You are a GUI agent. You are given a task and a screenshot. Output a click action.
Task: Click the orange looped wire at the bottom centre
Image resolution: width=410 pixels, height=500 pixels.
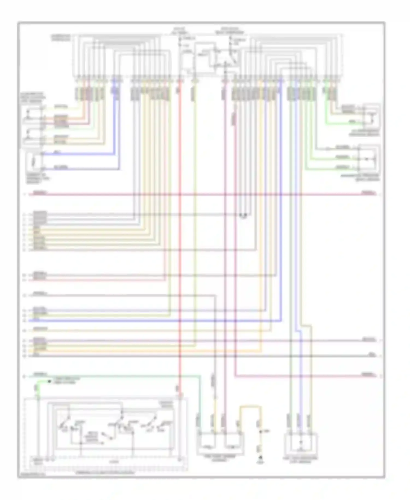[250, 407]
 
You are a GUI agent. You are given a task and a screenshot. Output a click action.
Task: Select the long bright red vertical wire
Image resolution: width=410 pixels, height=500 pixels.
[180, 246]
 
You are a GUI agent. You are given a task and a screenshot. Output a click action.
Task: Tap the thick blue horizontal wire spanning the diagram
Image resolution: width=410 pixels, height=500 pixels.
[156, 320]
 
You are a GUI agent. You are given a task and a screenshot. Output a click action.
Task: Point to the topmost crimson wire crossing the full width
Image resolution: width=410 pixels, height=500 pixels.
[202, 194]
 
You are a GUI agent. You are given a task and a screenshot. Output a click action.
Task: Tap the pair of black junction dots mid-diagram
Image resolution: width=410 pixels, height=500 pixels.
[243, 215]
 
